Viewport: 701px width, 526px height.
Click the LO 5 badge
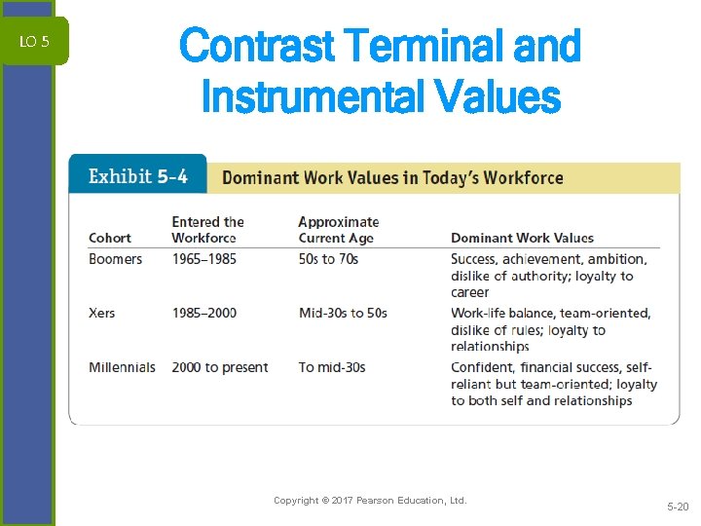(x=34, y=41)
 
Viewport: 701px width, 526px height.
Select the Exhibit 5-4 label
(x=138, y=176)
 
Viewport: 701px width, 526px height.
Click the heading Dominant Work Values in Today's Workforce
(x=392, y=177)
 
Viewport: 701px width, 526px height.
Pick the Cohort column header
(x=110, y=238)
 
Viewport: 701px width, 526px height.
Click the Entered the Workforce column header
(x=207, y=230)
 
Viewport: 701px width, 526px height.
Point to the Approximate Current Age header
(x=338, y=230)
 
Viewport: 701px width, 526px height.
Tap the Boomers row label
(x=115, y=259)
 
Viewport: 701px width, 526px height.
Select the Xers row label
(x=101, y=313)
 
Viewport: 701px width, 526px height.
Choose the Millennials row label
(x=122, y=367)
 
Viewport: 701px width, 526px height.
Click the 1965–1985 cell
(x=203, y=259)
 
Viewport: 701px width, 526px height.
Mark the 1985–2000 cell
(x=203, y=313)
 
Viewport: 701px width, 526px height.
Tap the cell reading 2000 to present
(x=219, y=367)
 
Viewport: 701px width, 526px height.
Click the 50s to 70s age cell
(x=328, y=259)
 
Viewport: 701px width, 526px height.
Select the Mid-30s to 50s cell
(x=343, y=313)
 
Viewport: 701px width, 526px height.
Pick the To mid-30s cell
(x=332, y=367)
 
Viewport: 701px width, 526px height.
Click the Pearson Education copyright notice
(x=370, y=501)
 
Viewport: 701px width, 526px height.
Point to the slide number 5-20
(x=677, y=507)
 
